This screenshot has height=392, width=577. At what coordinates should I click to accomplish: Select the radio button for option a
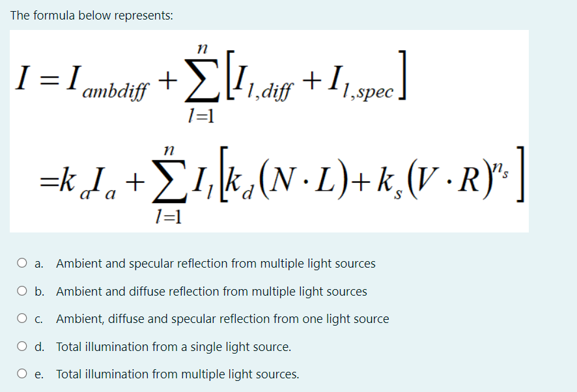coord(23,264)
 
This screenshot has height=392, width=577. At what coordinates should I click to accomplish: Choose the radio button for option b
coord(23,292)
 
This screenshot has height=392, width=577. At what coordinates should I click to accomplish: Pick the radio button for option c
coord(23,319)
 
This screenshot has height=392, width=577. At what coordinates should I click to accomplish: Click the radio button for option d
coord(23,347)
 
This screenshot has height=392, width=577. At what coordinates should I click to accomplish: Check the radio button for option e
coord(23,374)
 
